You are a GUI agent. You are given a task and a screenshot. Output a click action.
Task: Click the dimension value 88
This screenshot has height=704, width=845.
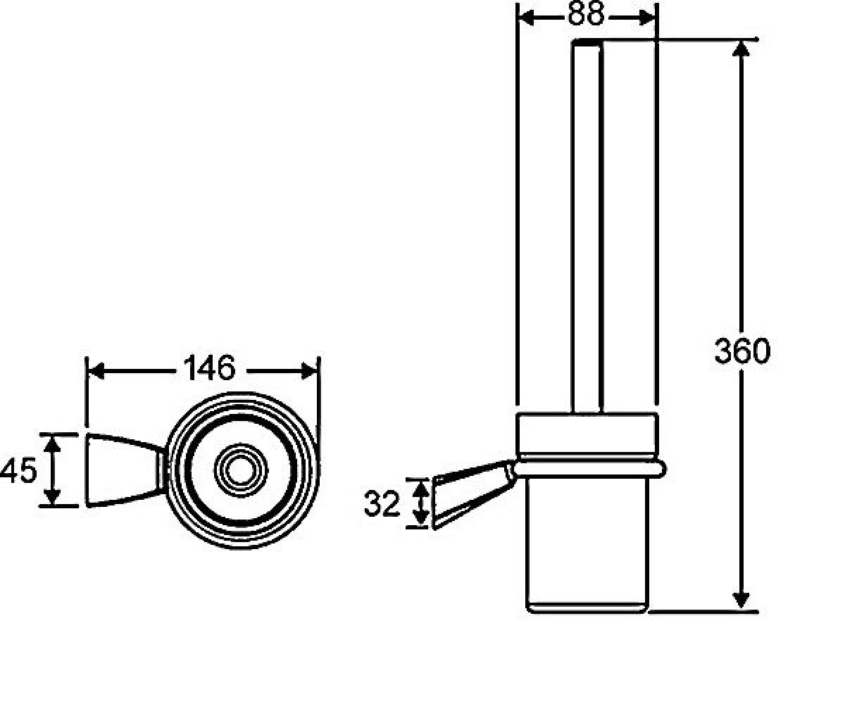click(x=586, y=13)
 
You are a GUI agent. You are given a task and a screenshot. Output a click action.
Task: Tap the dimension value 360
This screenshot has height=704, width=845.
click(x=742, y=351)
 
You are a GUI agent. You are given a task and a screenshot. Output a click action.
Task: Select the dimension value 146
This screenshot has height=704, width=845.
click(x=209, y=367)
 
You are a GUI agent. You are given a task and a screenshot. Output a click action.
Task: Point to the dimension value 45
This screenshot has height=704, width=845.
click(x=18, y=470)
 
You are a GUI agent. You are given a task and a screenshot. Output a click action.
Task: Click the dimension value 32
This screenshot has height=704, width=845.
click(x=382, y=504)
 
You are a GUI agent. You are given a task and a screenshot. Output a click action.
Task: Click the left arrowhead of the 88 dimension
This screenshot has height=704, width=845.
click(x=526, y=18)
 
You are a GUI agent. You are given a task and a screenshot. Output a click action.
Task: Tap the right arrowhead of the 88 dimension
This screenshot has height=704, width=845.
click(x=647, y=18)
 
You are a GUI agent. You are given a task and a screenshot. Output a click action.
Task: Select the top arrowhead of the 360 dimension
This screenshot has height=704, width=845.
click(x=741, y=49)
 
